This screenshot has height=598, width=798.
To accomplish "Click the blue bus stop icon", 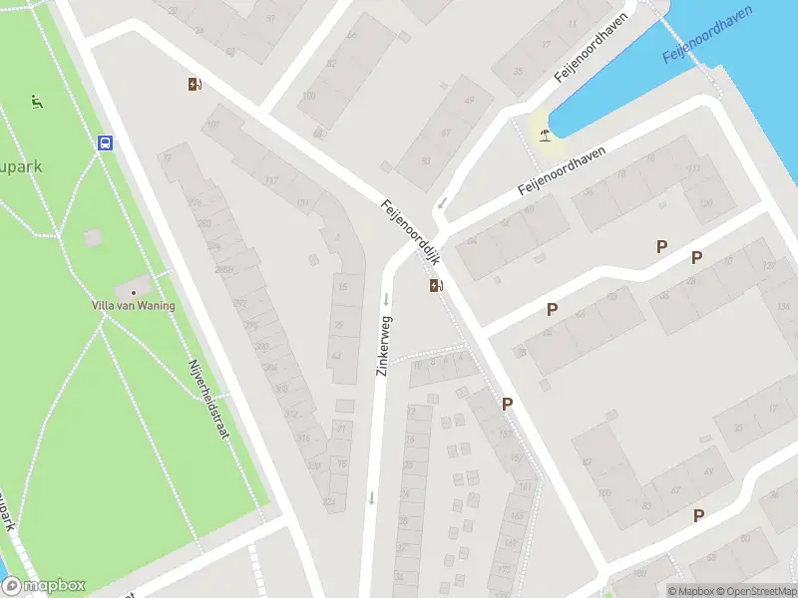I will pyautogui.click(x=105, y=143).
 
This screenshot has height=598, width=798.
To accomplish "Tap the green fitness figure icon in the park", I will pyautogui.click(x=37, y=100).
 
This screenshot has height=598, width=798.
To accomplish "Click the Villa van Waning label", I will pyautogui.click(x=134, y=305).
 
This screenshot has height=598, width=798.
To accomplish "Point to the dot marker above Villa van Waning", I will pyautogui.click(x=134, y=292).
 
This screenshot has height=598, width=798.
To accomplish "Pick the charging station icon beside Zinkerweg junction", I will pyautogui.click(x=436, y=286).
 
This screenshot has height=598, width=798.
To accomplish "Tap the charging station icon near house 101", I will pyautogui.click(x=195, y=85).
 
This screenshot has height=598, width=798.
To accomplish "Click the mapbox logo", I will pyautogui.click(x=44, y=586).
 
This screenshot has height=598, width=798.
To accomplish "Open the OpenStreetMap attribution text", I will pyautogui.click(x=756, y=590).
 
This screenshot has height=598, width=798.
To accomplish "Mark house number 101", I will pyautogui.click(x=211, y=125).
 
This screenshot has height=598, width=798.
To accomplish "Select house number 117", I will pyautogui.click(x=272, y=180).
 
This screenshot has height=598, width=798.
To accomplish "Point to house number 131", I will pyautogui.click(x=302, y=203).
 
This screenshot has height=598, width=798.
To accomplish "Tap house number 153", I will pyautogui.click(x=504, y=434).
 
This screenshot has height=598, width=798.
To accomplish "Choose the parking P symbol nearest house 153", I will pyautogui.click(x=507, y=404).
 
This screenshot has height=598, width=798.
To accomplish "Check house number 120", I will pyautogui.click(x=706, y=203).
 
